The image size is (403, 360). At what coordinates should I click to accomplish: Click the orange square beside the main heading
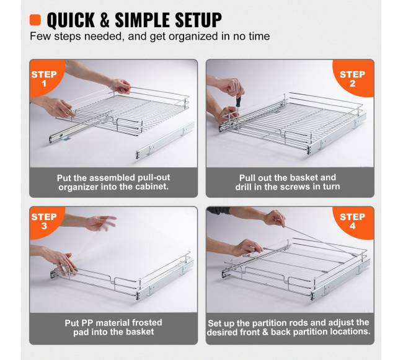point(35,20)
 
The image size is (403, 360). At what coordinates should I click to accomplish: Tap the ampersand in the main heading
point(105,20)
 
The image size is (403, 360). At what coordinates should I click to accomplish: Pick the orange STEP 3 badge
point(44,221)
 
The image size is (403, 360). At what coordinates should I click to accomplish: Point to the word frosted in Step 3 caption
point(147,322)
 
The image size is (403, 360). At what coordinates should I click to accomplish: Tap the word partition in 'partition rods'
point(269,323)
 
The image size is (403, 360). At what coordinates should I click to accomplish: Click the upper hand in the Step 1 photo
point(120,86)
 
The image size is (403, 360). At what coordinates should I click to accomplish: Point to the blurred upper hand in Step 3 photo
point(102,222)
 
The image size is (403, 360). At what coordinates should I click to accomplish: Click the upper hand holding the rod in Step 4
point(275,218)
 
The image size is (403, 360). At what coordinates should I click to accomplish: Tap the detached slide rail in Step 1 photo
point(165,140)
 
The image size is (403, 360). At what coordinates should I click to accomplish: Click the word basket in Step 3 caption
point(140,331)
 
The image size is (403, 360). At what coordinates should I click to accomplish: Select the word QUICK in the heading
point(71,20)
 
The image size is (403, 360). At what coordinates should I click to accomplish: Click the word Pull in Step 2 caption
point(247,178)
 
